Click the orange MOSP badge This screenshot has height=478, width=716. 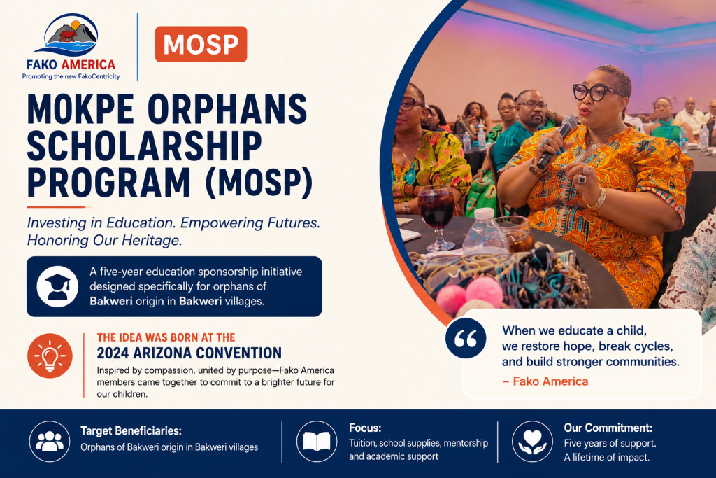tap(201, 44)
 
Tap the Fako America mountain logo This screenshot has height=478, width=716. tap(71, 35)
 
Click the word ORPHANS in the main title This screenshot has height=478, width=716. tap(227, 109)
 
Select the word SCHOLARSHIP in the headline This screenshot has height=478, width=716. tap(144, 146)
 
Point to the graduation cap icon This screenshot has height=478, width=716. tap(57, 286)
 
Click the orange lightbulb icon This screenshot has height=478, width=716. tap(50, 356)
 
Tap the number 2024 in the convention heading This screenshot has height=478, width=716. tap(113, 353)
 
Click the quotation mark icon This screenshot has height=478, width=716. tap(465, 338)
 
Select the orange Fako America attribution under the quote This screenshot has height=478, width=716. tap(545, 381)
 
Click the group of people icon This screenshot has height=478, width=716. tap(50, 442)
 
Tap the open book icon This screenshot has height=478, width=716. tap(317, 442)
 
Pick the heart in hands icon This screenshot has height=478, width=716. tap(532, 442)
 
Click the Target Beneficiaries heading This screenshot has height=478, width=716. tap(131, 430)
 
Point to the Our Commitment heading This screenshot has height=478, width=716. tap(608, 428)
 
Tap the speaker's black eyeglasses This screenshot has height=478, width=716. tap(598, 92)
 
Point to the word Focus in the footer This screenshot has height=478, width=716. tap(365, 428)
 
